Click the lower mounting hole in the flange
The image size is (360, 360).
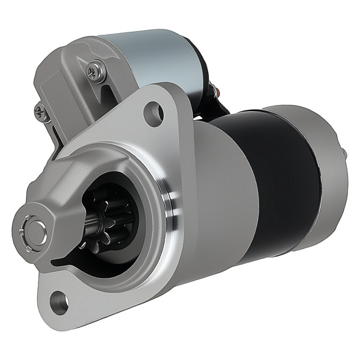(x=58, y=298)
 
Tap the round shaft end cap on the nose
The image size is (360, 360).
(x=35, y=229)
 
